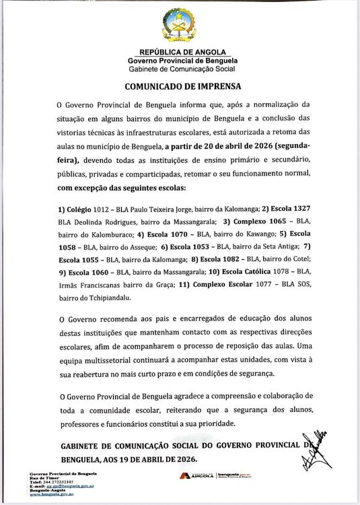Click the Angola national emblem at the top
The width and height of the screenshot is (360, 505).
[x=179, y=26]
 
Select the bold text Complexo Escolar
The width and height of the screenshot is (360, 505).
[x=228, y=283]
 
